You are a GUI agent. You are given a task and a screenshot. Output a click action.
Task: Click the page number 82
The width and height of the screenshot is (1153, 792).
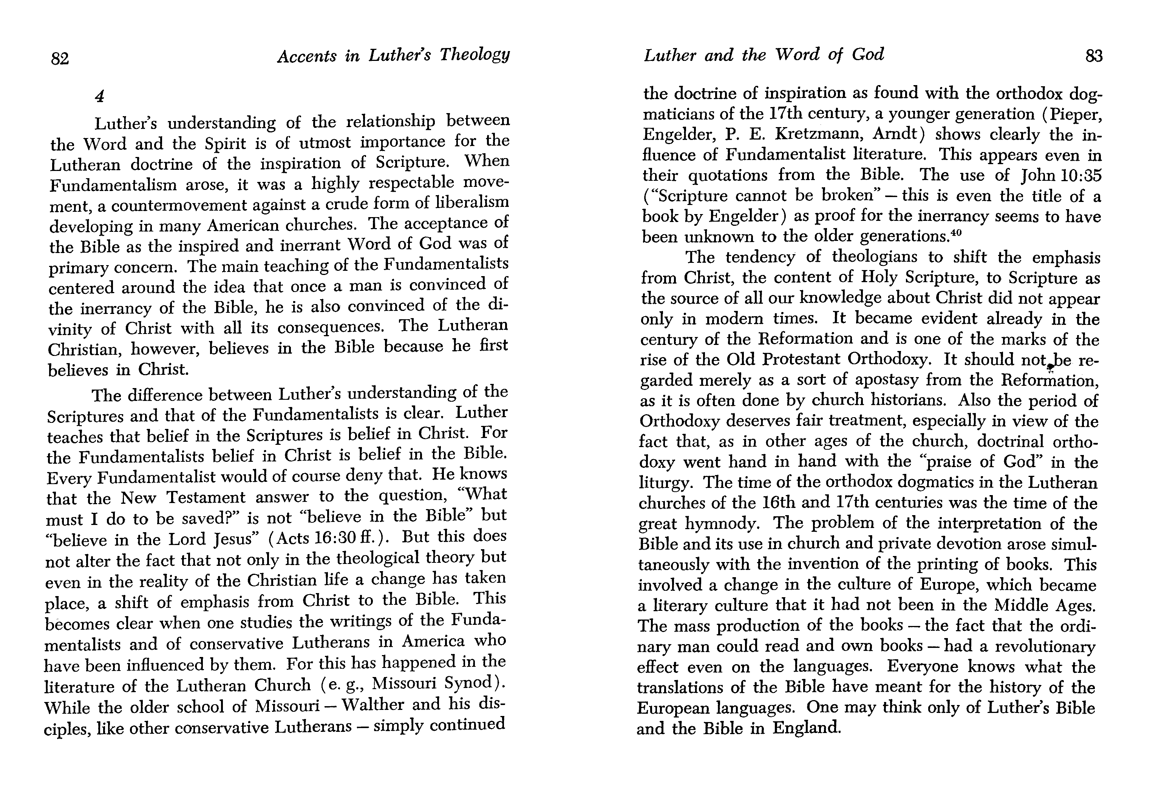point(60,59)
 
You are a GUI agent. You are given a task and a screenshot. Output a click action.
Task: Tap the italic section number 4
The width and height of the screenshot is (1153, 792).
point(100,96)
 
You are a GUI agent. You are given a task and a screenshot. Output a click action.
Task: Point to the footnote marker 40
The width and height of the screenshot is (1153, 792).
point(955,231)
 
